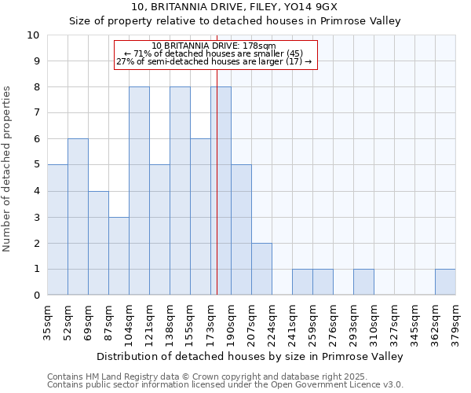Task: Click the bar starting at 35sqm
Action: coord(57,230)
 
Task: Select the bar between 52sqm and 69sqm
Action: coord(78,217)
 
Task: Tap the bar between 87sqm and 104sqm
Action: coord(119,255)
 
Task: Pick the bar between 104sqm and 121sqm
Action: coord(139,191)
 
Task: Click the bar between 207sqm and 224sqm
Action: coord(261,269)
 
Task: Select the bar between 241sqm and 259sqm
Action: coord(302,281)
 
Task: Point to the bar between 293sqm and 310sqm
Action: coord(363,281)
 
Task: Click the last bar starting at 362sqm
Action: coord(445,281)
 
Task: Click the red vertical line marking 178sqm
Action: coord(217,181)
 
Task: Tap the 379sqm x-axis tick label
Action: coord(456,322)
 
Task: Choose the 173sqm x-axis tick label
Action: coord(211,322)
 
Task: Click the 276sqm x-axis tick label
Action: coord(334,322)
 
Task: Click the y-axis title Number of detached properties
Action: coord(8,169)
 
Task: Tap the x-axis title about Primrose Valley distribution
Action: coord(250,357)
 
